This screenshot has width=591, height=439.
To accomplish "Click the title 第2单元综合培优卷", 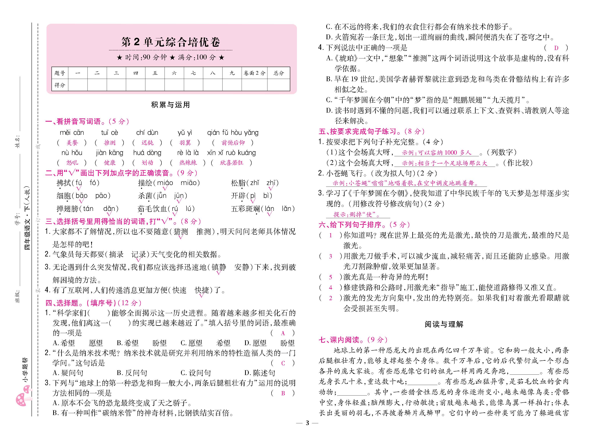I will (171, 42).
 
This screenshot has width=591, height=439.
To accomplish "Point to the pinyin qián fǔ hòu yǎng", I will (232, 133).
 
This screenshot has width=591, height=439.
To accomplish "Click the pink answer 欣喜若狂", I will (232, 163).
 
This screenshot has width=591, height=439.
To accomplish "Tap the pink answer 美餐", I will (72, 143).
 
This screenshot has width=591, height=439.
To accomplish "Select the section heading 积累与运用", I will (170, 105).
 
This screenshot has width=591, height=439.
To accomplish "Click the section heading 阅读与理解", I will (444, 324).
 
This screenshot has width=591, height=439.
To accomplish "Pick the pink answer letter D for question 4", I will (556, 48).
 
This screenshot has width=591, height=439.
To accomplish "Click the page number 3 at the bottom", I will (307, 423).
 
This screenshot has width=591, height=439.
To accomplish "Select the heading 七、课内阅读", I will (353, 340).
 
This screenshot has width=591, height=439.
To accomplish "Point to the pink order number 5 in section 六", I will (330, 277).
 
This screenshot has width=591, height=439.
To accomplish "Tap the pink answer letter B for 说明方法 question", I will (283, 393).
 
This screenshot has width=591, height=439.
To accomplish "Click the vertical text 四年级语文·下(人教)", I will (27, 218).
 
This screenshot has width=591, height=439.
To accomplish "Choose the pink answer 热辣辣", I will (188, 163).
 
